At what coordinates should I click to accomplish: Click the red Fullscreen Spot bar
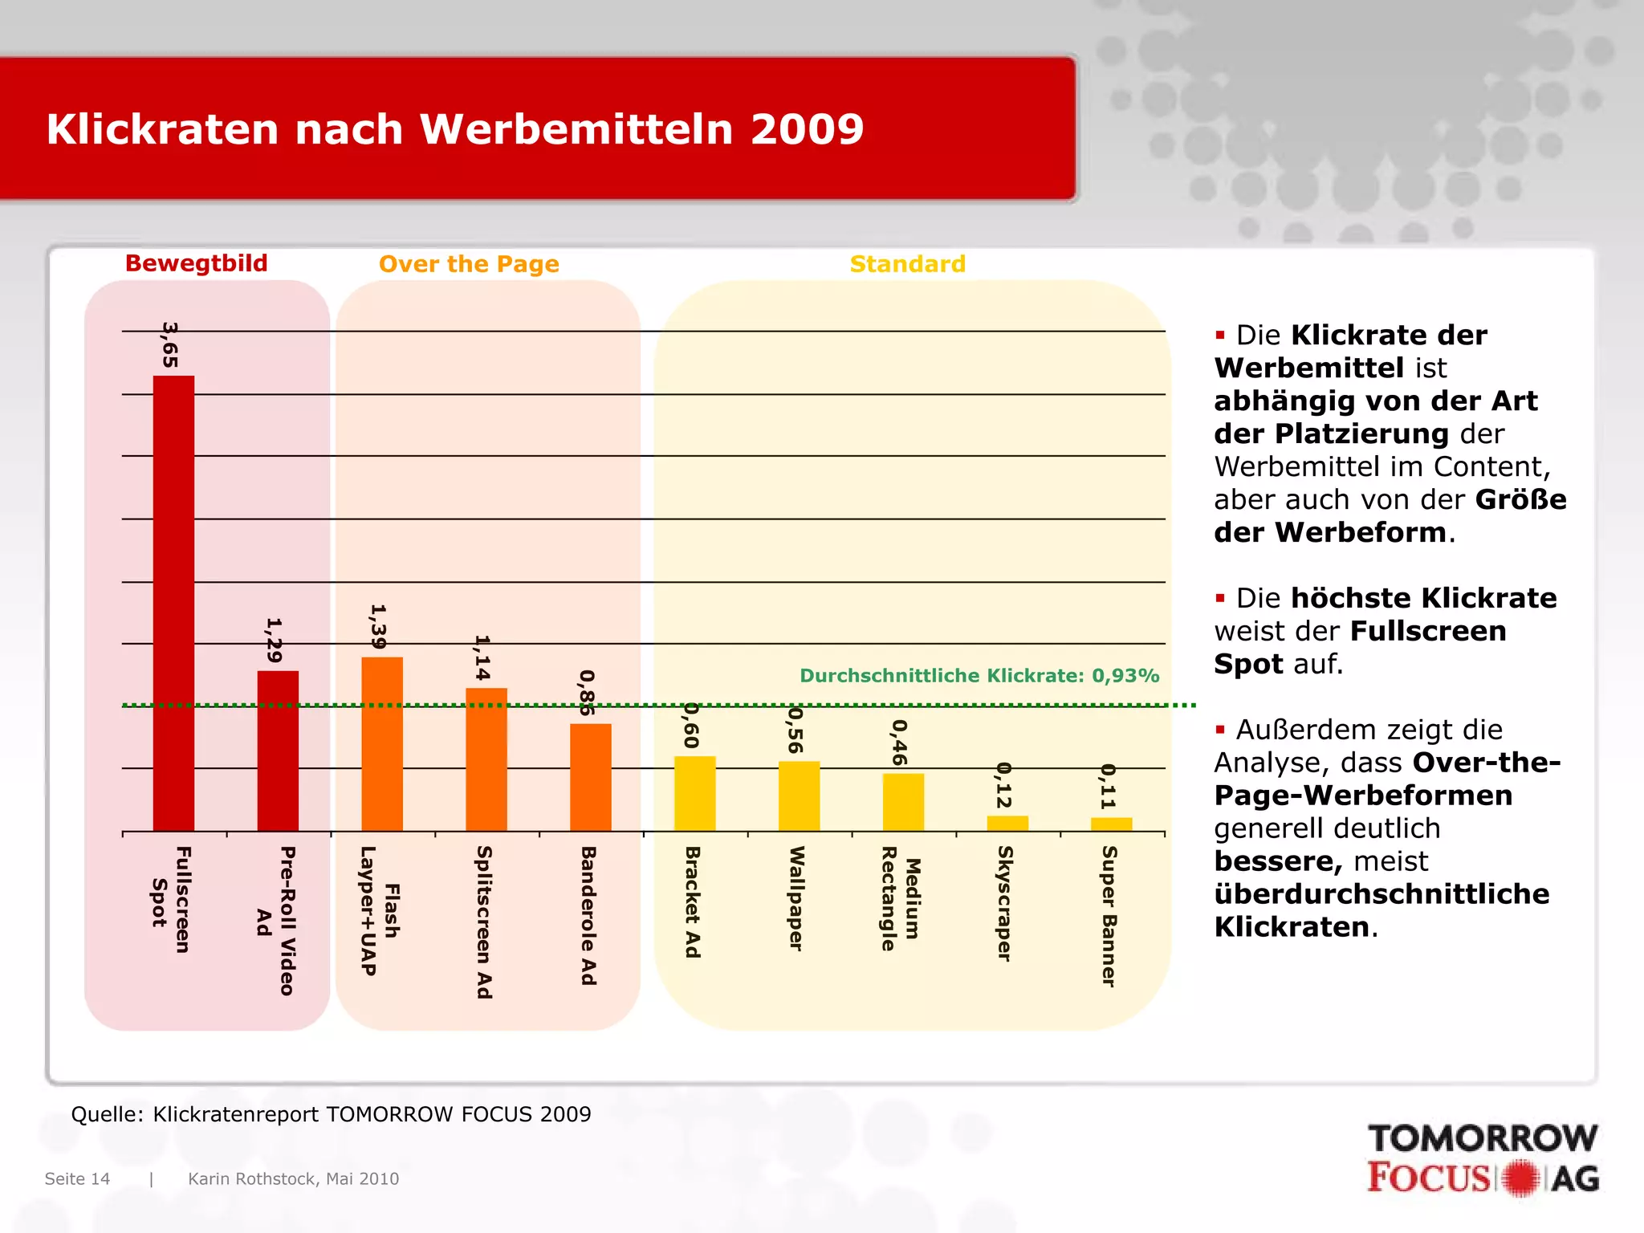tap(173, 602)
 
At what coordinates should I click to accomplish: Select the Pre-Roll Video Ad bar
tap(278, 751)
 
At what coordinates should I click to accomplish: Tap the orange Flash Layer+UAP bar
tap(382, 743)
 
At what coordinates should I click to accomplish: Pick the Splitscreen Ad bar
tap(486, 759)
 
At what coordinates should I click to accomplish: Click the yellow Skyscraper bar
tap(1007, 823)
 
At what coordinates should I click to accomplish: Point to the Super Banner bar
tap(1111, 824)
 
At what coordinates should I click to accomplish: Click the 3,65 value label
tap(170, 344)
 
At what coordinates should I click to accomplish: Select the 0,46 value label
tap(900, 743)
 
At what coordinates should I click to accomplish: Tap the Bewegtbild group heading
tap(197, 263)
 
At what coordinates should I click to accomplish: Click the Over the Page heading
tap(469, 264)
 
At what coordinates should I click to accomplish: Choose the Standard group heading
tap(907, 264)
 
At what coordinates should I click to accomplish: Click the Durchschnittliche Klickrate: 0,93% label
tap(979, 676)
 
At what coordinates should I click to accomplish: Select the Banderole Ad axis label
tap(588, 915)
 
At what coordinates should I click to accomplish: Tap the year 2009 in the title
tap(807, 129)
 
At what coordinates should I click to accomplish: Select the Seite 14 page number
tap(77, 1178)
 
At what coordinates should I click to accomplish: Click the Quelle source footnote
tap(331, 1114)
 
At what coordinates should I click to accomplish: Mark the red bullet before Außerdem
tap(1220, 730)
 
